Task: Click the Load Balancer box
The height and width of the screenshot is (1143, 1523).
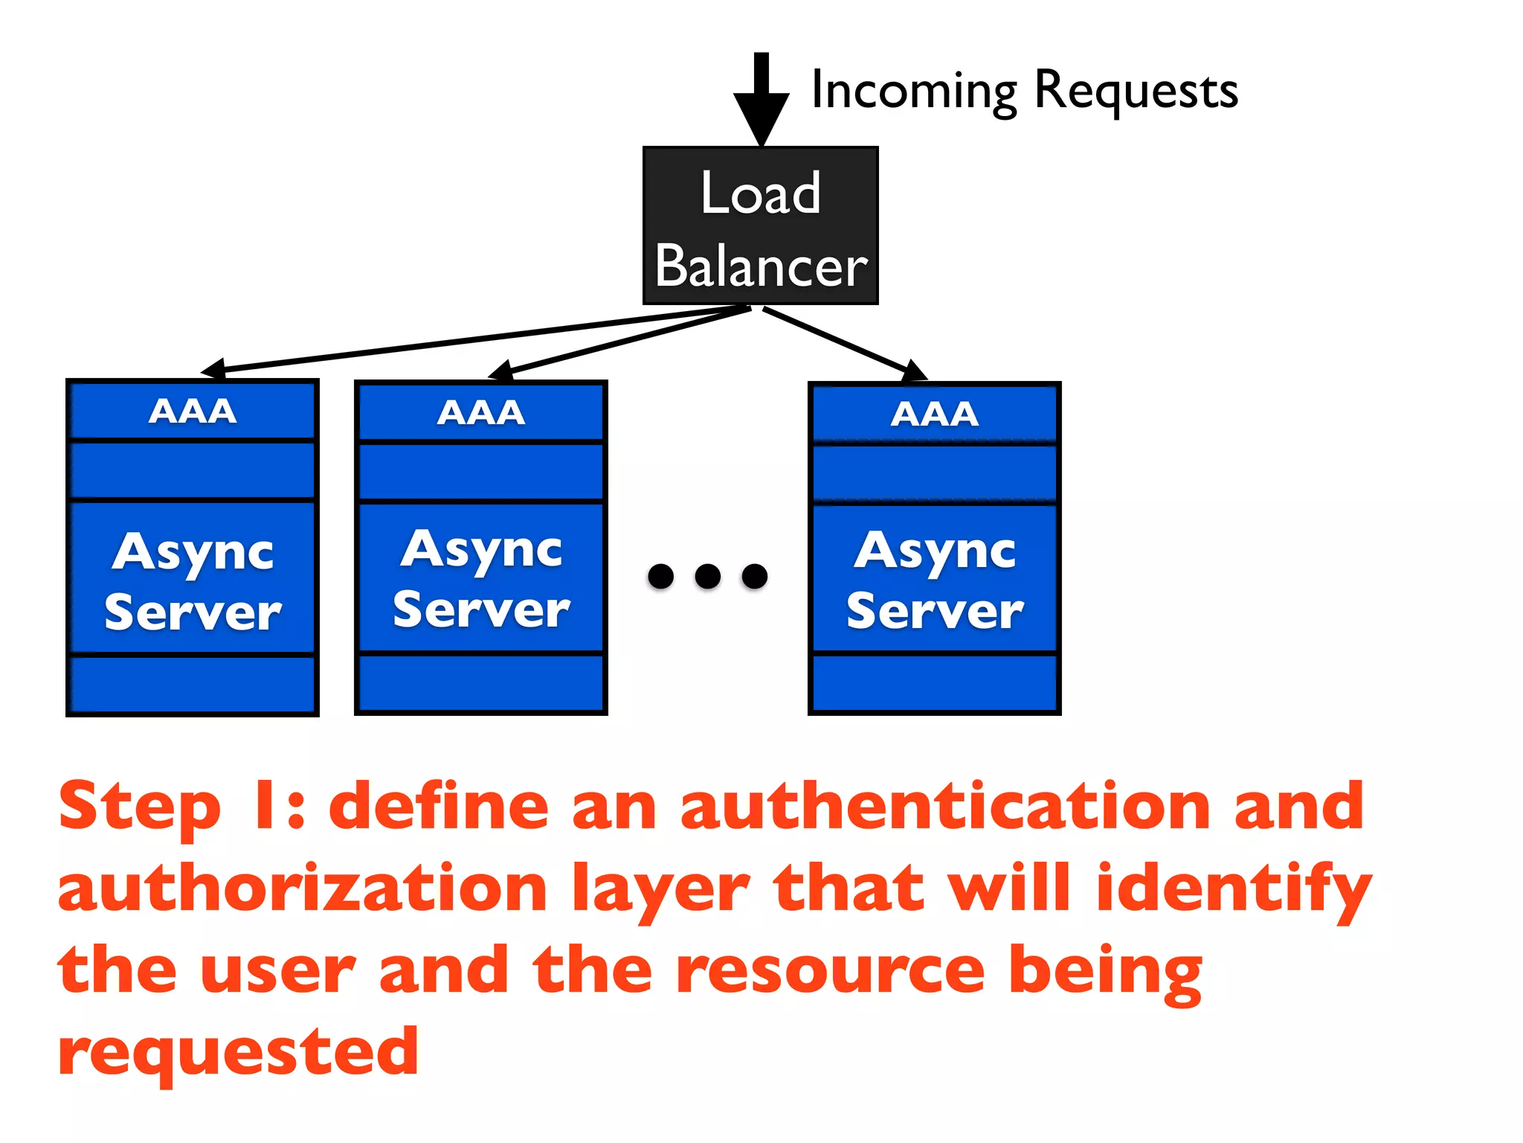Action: tap(760, 225)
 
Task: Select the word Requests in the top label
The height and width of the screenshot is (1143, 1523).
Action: tap(1136, 91)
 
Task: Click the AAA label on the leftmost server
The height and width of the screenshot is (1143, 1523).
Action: tap(193, 411)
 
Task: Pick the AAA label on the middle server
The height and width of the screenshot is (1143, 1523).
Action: tap(481, 412)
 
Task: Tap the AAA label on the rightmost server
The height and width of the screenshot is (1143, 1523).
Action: tap(935, 414)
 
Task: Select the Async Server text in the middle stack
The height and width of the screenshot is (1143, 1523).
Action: tap(481, 579)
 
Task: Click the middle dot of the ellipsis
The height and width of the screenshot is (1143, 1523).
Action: tap(707, 576)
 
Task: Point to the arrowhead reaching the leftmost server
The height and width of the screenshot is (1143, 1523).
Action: tap(214, 368)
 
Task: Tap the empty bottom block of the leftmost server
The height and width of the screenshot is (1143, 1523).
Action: tap(193, 684)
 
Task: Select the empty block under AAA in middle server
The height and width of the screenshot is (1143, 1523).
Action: tap(481, 472)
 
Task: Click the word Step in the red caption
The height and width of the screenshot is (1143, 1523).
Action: tap(140, 807)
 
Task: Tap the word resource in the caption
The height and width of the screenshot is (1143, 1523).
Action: tap(831, 970)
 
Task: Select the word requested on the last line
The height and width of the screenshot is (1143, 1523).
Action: tap(238, 1052)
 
